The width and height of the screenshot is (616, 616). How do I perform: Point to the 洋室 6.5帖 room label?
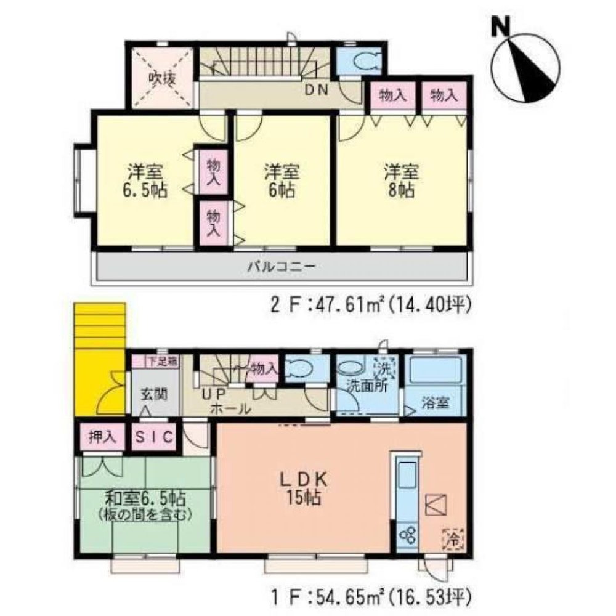(x=145, y=179)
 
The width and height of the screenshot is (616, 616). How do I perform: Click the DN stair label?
(x=318, y=91)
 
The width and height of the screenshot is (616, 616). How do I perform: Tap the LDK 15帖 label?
(x=304, y=487)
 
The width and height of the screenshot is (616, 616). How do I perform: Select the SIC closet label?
(x=156, y=437)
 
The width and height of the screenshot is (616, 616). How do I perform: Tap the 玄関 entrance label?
(x=154, y=392)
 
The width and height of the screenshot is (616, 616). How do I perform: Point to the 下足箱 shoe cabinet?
(x=163, y=362)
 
